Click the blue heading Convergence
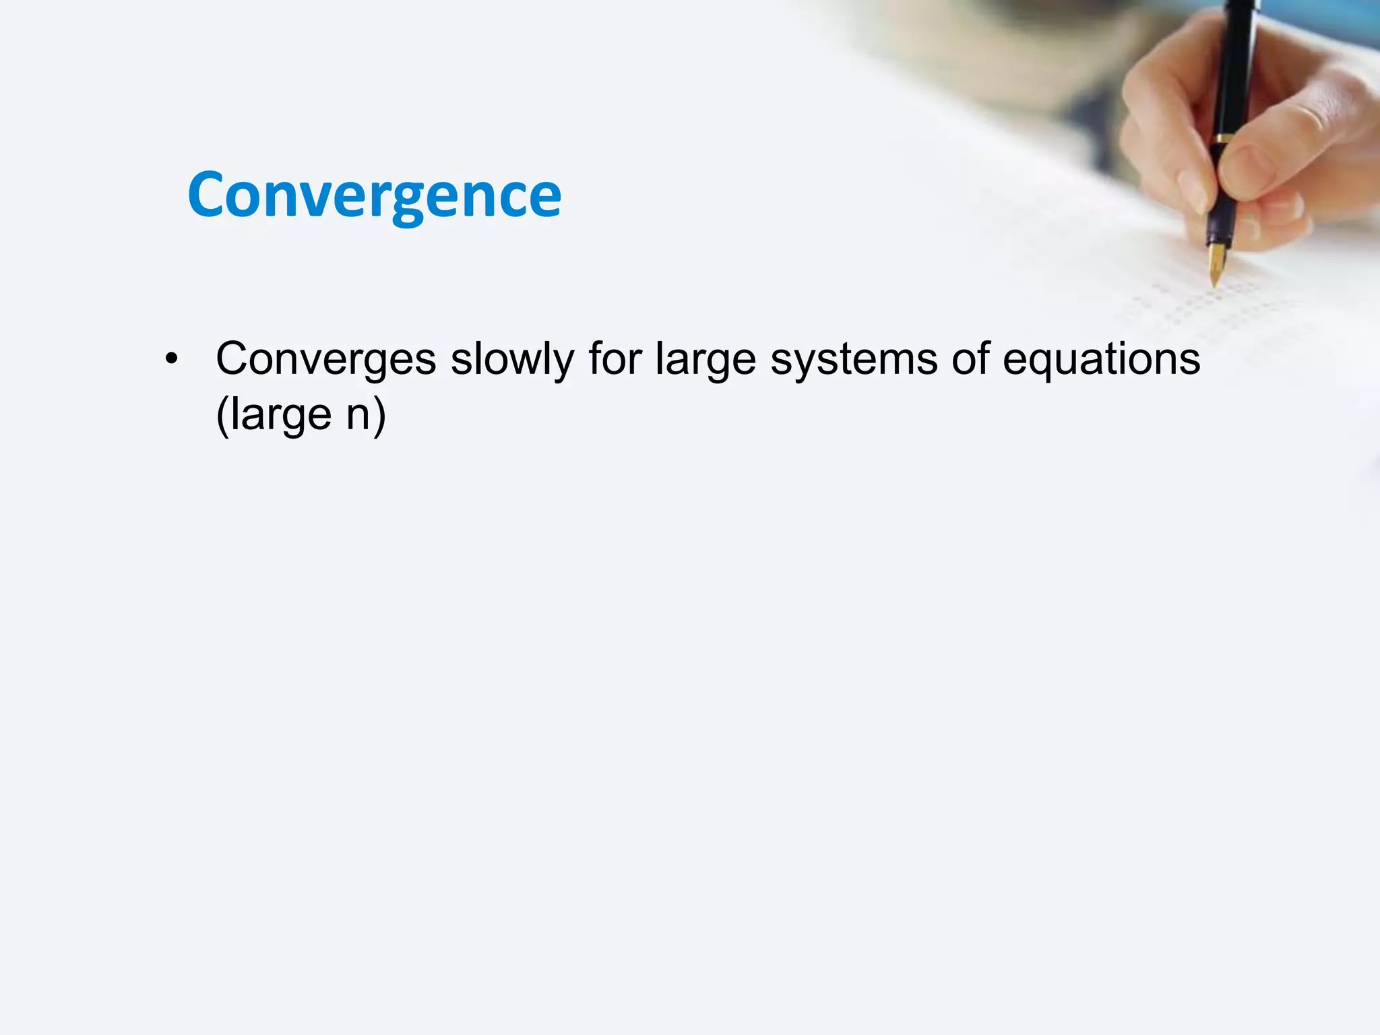click(374, 195)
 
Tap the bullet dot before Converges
click(172, 359)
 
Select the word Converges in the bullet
click(325, 359)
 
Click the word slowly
click(512, 359)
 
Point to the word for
click(614, 359)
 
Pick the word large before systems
click(705, 359)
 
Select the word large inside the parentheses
click(281, 414)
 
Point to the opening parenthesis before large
click(222, 414)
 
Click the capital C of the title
click(208, 195)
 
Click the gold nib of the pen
click(1216, 264)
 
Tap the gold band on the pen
click(1224, 139)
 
